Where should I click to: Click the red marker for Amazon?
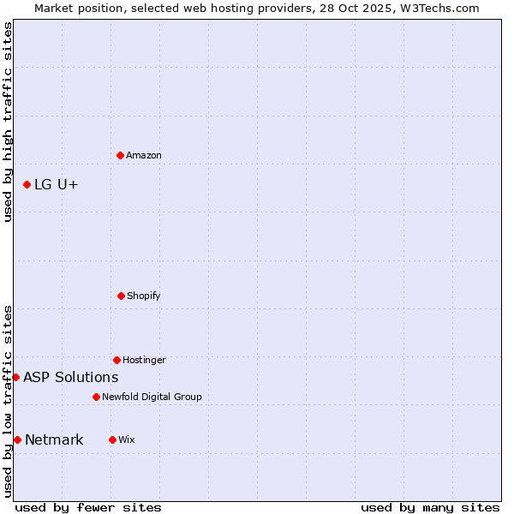pos(120,155)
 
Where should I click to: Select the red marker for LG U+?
pos(27,184)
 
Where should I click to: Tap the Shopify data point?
pos(121,296)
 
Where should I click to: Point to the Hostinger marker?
pos(117,360)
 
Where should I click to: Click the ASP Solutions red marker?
pos(15,377)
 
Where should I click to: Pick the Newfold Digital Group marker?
pos(96,397)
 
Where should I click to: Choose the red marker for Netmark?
pos(17,439)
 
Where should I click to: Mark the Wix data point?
pos(112,439)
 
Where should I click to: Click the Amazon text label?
pos(144,156)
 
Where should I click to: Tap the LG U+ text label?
pos(57,185)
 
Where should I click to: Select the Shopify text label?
pos(144,296)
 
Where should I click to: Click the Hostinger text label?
pos(144,361)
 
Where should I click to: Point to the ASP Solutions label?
pos(71,378)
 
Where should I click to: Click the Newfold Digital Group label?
pos(152,397)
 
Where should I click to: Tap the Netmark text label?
pos(54,440)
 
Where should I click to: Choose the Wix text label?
pos(127,440)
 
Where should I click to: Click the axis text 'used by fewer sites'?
pos(88,507)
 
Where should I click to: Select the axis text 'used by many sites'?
pos(430,507)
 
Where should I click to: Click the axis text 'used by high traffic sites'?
pos(8,122)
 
